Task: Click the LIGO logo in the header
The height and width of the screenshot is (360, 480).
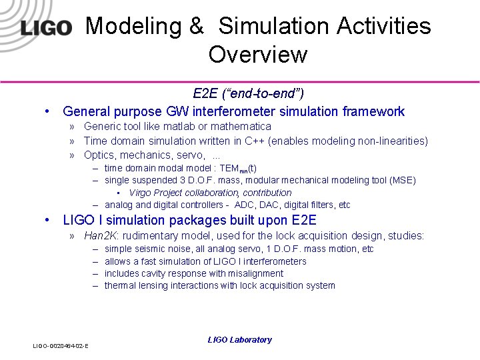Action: [x=45, y=28]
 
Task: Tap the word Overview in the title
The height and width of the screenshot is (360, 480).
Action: [x=257, y=55]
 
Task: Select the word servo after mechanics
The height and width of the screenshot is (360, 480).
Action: [x=189, y=155]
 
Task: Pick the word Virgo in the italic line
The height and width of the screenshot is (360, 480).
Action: [x=141, y=193]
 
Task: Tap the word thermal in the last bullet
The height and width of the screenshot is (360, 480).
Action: [x=120, y=285]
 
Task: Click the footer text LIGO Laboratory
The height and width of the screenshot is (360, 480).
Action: [x=239, y=340]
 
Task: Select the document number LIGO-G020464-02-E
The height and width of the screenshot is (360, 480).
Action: [x=61, y=345]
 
